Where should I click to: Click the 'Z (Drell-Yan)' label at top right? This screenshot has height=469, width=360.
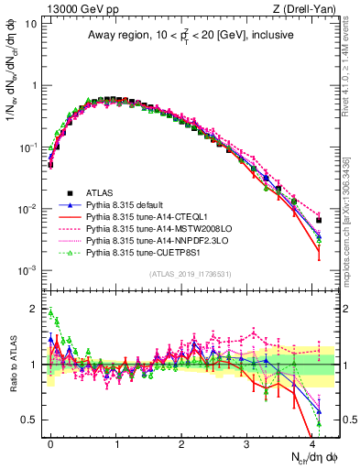click(x=310, y=8)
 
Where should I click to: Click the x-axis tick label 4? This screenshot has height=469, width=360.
click(x=312, y=442)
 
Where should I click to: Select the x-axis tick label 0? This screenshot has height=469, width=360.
click(x=50, y=442)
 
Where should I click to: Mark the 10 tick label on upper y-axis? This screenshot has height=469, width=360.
click(x=29, y=23)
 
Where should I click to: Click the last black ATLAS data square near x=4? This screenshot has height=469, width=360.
click(x=319, y=220)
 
